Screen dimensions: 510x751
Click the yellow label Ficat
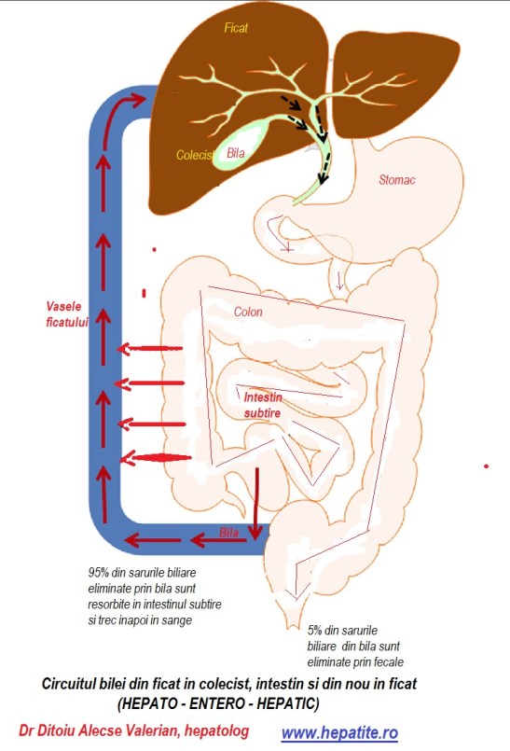point(236,28)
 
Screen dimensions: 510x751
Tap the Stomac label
point(397,180)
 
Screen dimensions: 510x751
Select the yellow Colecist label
point(195,155)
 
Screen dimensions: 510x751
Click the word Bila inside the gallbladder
point(236,153)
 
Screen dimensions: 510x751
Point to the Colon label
point(248,312)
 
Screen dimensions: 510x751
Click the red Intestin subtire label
point(263,405)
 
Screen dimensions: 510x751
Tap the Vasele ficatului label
point(67,314)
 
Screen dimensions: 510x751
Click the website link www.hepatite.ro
point(339,732)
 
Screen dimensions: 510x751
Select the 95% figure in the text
point(98,573)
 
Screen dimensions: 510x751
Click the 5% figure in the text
point(314,631)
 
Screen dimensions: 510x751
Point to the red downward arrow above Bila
point(257,503)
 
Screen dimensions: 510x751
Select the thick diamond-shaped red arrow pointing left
point(156,458)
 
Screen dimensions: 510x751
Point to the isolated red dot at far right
point(486,466)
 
